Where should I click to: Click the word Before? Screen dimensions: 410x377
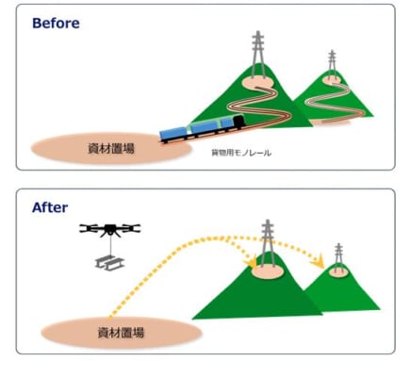[x=56, y=24]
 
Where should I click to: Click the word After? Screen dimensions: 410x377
[x=50, y=207]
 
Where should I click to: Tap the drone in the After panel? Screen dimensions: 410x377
[x=109, y=230]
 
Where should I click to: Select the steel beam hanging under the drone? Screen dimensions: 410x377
[x=110, y=262]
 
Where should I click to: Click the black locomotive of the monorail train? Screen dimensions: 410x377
[x=238, y=123]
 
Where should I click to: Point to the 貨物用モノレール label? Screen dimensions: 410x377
[x=241, y=153]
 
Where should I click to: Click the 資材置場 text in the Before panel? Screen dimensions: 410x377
[x=111, y=148]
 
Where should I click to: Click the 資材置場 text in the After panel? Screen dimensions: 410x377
[x=121, y=333]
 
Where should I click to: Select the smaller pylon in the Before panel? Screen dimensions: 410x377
[x=332, y=64]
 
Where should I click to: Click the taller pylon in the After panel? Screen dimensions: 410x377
[x=268, y=243]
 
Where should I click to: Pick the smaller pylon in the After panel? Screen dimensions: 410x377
[x=338, y=256]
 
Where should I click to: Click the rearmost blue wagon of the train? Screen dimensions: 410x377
[x=173, y=134]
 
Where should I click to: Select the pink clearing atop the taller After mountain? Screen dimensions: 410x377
[x=268, y=271]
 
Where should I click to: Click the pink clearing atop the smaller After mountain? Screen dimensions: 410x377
[x=338, y=271]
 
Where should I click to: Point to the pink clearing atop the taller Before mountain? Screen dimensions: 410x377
[x=258, y=83]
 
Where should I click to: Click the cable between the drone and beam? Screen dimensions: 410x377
[x=110, y=246]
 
